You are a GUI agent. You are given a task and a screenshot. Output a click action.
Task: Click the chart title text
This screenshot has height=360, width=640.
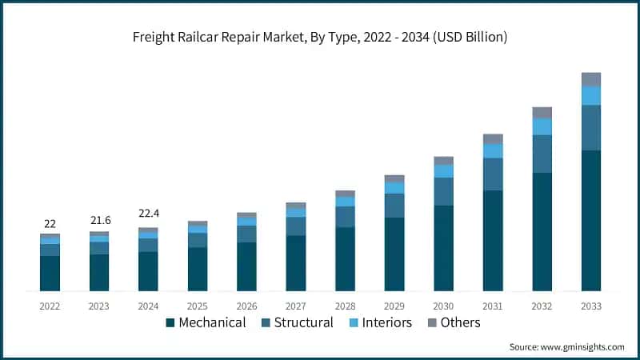pyautogui.click(x=320, y=37)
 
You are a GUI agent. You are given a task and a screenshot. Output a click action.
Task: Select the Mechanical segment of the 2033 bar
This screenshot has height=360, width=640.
pyautogui.click(x=590, y=220)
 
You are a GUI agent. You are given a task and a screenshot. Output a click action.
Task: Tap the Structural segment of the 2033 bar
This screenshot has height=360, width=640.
pyautogui.click(x=590, y=127)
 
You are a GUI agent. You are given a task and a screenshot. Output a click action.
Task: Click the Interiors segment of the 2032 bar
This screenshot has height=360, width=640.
pyautogui.click(x=542, y=126)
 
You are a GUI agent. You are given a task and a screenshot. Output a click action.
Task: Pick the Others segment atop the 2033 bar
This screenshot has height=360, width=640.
pyautogui.click(x=590, y=78)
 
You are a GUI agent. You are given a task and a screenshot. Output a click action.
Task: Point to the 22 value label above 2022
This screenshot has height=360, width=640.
pyautogui.click(x=50, y=222)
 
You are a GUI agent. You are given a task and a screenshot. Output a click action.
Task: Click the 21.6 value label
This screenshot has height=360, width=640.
pyautogui.click(x=99, y=220)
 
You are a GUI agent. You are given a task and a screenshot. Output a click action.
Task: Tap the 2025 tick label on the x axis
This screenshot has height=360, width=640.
pyautogui.click(x=197, y=306)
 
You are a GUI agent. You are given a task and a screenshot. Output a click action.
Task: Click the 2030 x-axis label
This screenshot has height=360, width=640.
pyautogui.click(x=443, y=306)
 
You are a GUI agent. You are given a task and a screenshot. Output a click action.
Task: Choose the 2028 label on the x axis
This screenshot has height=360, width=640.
pyautogui.click(x=345, y=306)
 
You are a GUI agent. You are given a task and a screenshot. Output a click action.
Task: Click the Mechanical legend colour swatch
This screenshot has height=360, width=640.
pyautogui.click(x=170, y=323)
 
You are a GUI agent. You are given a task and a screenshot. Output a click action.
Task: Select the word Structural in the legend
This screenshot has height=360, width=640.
pyautogui.click(x=303, y=323)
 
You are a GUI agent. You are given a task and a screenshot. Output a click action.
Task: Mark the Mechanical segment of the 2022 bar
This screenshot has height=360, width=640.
pyautogui.click(x=50, y=273)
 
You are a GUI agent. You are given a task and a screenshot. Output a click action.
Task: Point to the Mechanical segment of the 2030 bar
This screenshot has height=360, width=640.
pyautogui.click(x=443, y=248)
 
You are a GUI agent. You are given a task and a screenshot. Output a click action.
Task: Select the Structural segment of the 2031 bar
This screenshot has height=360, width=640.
pyautogui.click(x=493, y=174)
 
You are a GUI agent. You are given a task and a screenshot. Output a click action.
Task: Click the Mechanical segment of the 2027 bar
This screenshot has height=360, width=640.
pyautogui.click(x=295, y=262)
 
